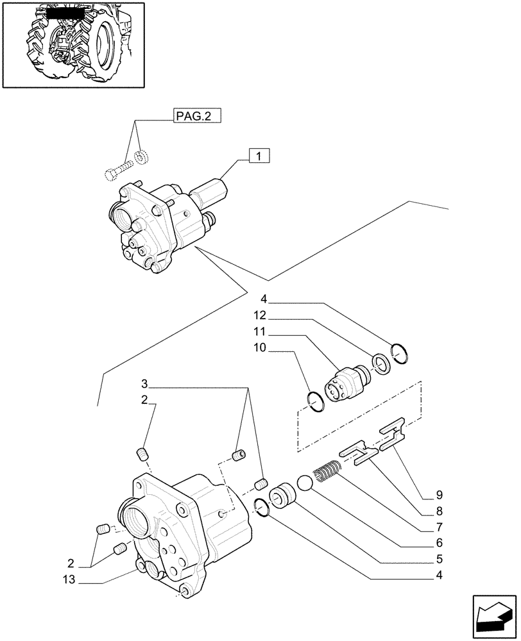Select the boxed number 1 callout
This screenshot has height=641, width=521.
pyautogui.click(x=258, y=156)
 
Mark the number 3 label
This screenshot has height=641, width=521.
pyautogui.click(x=145, y=384)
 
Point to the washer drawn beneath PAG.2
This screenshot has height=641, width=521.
pyautogui.click(x=142, y=156)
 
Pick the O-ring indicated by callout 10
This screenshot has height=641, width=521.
pyautogui.click(x=315, y=401)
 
